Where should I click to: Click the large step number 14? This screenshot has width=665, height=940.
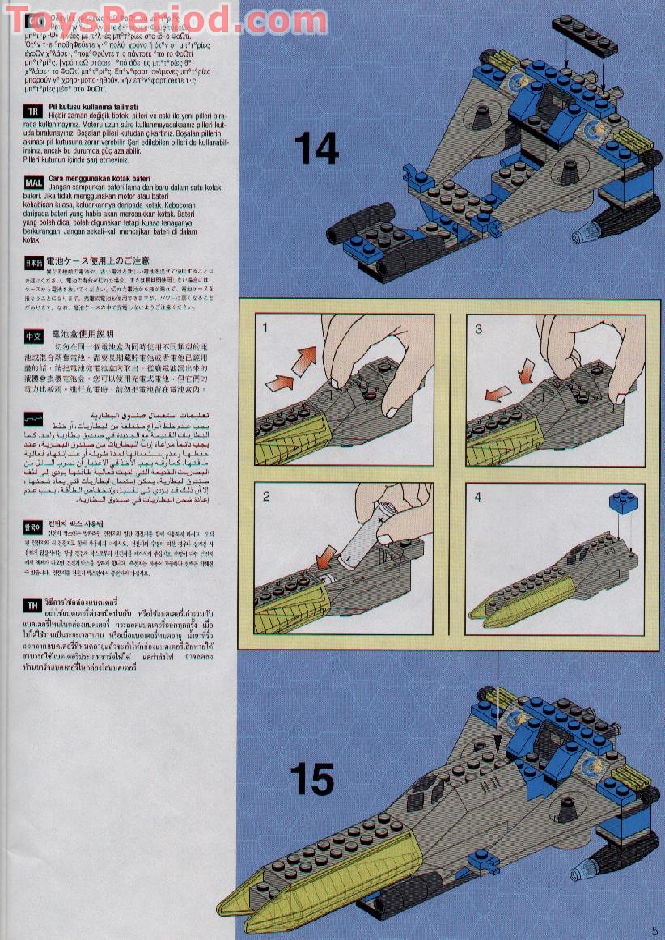click(316, 148)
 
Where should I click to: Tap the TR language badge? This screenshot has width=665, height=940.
click(33, 112)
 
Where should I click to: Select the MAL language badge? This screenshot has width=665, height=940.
click(33, 182)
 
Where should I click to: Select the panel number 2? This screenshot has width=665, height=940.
click(266, 496)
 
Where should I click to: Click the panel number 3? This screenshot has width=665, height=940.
click(478, 328)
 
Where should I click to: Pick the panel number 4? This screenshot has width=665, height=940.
click(478, 497)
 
